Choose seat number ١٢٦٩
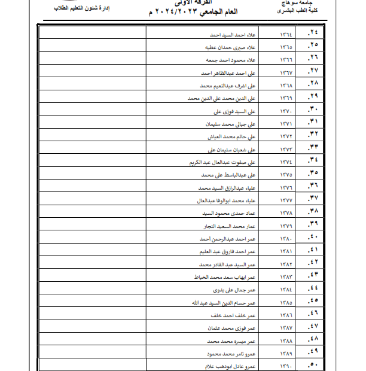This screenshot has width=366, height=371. [x=286, y=97]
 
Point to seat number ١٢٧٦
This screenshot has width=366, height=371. [x=286, y=188]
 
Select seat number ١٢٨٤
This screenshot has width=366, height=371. [x=286, y=290]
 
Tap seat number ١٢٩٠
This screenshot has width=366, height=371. [x=286, y=366]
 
